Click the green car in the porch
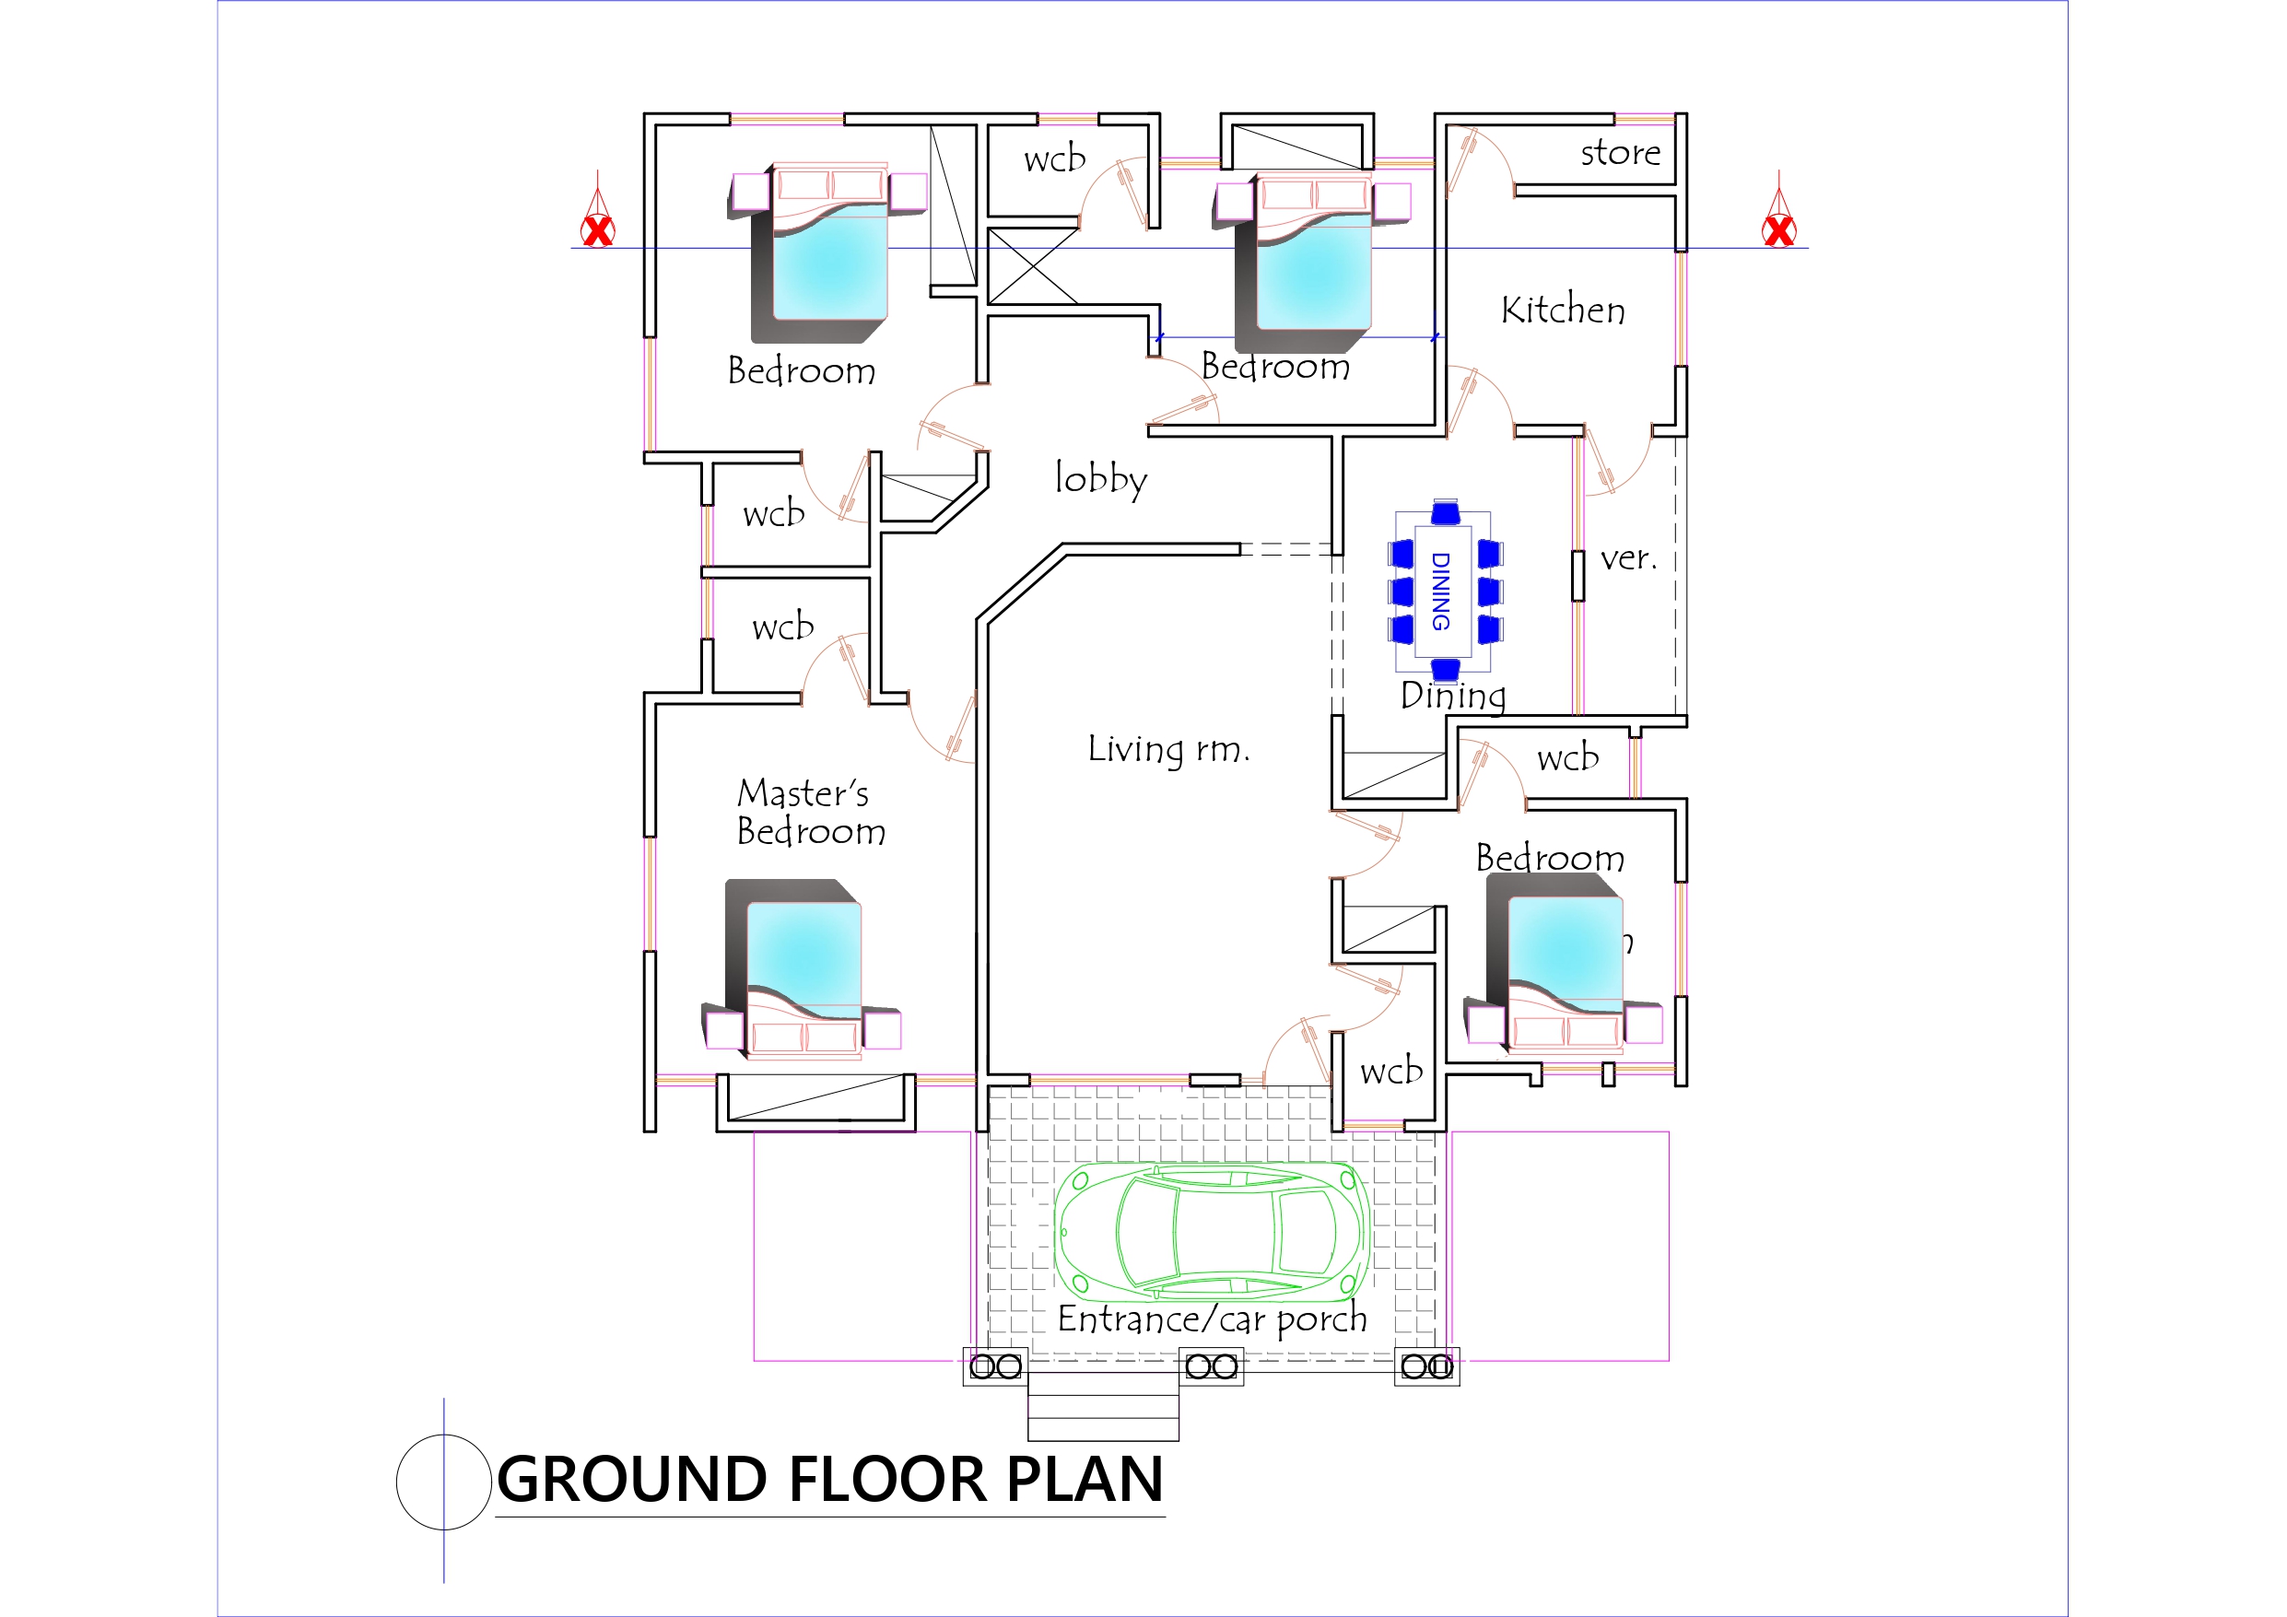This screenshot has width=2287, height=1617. tap(1213, 1232)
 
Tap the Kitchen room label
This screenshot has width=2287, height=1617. tap(1563, 310)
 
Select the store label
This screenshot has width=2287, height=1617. tap(1620, 152)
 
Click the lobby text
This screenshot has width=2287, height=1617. tap(1101, 479)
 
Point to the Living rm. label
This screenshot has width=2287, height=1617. tap(1167, 749)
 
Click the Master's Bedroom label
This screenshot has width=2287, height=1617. tap(809, 812)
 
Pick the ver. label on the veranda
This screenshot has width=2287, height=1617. tap(1628, 559)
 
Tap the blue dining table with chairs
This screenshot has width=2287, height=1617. tap(1444, 591)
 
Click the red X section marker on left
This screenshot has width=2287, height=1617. tap(598, 230)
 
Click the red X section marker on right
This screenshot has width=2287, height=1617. tap(1779, 230)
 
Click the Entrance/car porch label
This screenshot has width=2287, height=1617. tap(1212, 1319)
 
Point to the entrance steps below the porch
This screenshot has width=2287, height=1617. tap(1103, 1406)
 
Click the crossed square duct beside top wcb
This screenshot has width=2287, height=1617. tap(1033, 266)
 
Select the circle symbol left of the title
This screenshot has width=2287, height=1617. tap(443, 1482)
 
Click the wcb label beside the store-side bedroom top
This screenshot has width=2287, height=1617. tap(1054, 158)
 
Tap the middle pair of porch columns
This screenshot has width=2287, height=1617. tap(1212, 1366)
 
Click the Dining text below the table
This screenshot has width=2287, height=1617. tap(1452, 696)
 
